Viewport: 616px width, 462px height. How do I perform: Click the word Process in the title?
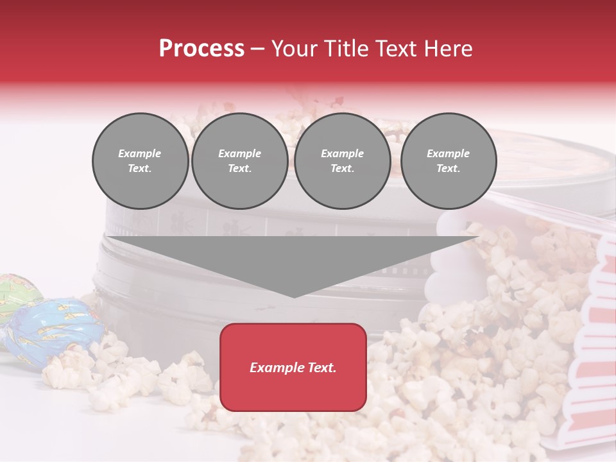[201, 49]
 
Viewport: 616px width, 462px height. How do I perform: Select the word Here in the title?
[449, 49]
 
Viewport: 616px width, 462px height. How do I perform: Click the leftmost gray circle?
[141, 161]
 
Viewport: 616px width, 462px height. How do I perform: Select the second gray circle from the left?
[240, 161]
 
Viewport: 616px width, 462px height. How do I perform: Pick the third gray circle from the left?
[343, 161]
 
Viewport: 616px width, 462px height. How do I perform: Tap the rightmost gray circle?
[449, 161]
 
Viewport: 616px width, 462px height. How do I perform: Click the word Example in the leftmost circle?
[140, 153]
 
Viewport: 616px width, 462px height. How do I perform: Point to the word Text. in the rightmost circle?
[448, 169]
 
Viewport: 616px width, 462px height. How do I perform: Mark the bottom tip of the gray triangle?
[294, 296]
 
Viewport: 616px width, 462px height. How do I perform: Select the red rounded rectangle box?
[293, 367]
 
